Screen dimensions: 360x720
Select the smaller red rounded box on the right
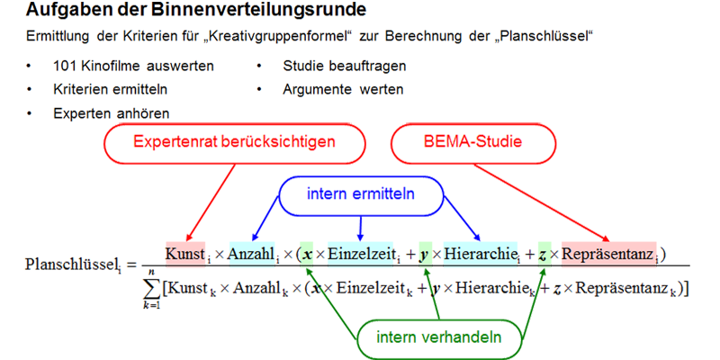click(472, 144)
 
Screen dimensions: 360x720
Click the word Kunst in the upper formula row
click(186, 255)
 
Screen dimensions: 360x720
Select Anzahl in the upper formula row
click(251, 255)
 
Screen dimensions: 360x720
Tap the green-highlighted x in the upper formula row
click(309, 255)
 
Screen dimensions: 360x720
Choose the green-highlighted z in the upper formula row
click(542, 255)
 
